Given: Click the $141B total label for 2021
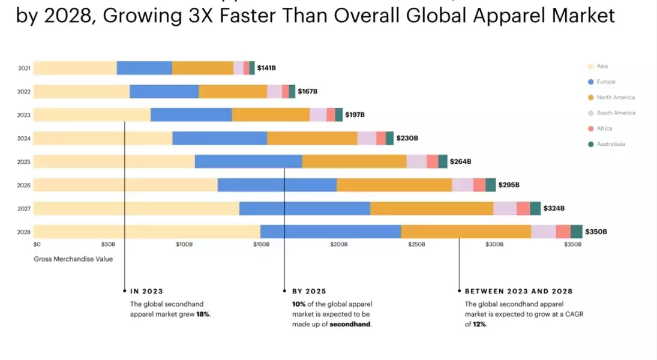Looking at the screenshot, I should [x=266, y=68].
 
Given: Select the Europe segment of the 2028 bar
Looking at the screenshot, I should [x=331, y=232].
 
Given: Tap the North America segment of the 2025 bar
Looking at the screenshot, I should [x=354, y=161].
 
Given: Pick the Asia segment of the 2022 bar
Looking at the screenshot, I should [x=82, y=92].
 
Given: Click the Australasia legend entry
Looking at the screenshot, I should [x=610, y=144].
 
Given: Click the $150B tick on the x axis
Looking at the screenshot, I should [x=261, y=245].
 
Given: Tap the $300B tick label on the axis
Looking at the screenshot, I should [x=494, y=245].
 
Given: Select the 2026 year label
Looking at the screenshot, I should [x=24, y=185].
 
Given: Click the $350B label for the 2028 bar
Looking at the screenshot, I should [x=596, y=232].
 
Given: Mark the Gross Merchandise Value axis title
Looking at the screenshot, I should [x=73, y=259].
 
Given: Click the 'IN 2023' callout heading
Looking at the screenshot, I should [x=146, y=291].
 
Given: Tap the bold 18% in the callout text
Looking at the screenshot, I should [x=203, y=314].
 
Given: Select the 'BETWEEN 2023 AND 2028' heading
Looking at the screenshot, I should [x=518, y=291].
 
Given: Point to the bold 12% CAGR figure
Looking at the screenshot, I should [x=479, y=324].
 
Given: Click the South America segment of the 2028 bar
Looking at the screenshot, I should [x=543, y=232].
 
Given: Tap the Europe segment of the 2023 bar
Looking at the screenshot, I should [x=191, y=115].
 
